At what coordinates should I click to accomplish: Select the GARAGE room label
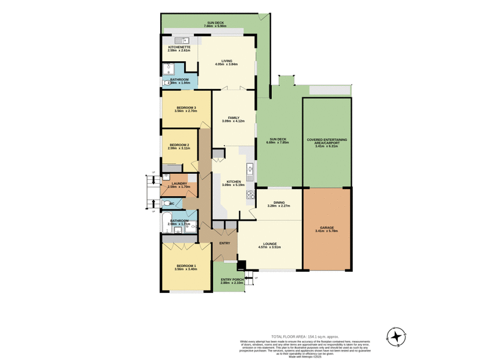coord(326,228)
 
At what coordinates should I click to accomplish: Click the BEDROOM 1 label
coord(186,266)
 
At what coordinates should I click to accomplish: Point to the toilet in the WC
coord(166,204)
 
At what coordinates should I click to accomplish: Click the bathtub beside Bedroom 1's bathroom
coord(166,224)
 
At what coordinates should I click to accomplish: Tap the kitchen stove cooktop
coord(250,194)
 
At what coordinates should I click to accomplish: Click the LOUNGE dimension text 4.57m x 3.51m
coord(269,247)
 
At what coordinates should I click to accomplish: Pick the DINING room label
coord(279,202)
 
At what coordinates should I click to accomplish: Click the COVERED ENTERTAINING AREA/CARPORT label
coord(326,141)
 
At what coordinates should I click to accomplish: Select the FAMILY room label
coord(234,118)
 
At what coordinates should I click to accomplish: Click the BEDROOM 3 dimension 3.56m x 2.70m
coord(185,111)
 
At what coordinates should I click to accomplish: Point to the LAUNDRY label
coord(179,184)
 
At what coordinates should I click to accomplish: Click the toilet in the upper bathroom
coord(166,84)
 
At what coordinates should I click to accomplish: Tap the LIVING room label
coord(226,61)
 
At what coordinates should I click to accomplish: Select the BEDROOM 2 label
coord(179,145)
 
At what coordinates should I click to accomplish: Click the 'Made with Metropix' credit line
coord(305,356)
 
